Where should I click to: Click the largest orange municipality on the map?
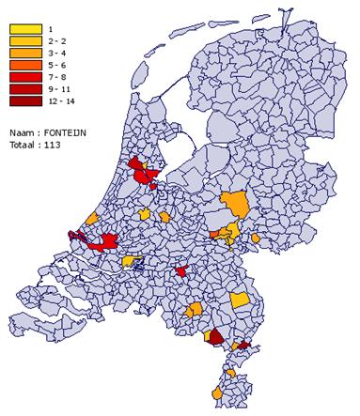236,204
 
